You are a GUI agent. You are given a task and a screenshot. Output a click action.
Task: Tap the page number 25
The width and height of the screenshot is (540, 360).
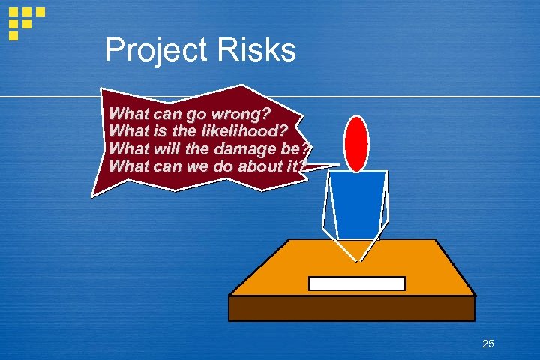(487, 343)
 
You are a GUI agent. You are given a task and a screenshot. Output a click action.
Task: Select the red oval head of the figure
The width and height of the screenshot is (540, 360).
(356, 142)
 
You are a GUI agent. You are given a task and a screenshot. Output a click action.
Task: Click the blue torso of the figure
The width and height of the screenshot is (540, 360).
(357, 202)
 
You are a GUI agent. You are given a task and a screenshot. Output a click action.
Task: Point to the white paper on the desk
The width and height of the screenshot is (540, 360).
(357, 283)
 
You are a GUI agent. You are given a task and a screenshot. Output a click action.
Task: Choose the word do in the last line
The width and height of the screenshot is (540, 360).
(209, 165)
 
